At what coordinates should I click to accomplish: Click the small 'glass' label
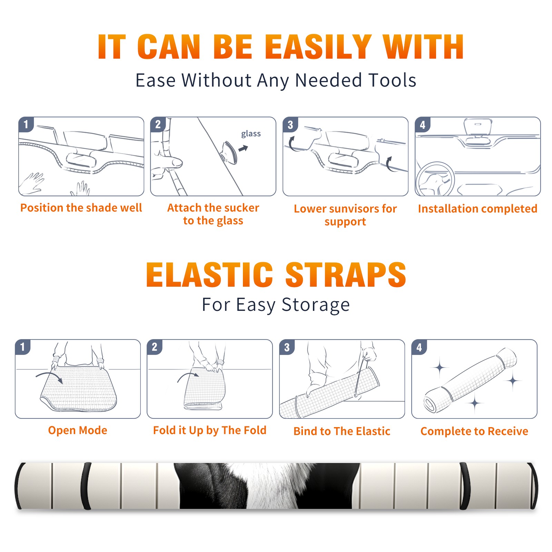(x=251, y=134)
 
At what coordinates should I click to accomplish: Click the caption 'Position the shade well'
(x=81, y=208)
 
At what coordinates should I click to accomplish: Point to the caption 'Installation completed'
(x=477, y=209)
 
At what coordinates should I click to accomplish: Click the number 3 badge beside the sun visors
(x=290, y=125)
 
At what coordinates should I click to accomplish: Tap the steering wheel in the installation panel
(x=435, y=179)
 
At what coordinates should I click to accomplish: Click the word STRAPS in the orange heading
(x=345, y=275)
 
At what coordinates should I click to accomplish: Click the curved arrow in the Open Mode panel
(x=49, y=377)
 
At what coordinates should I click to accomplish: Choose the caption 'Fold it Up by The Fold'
(x=210, y=430)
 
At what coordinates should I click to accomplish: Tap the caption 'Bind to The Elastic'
(x=342, y=431)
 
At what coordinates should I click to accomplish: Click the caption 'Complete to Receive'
(x=474, y=431)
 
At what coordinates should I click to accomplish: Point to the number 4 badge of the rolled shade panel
(x=419, y=347)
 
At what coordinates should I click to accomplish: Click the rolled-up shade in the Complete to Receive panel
(x=470, y=380)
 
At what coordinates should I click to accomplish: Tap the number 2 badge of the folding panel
(x=154, y=347)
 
